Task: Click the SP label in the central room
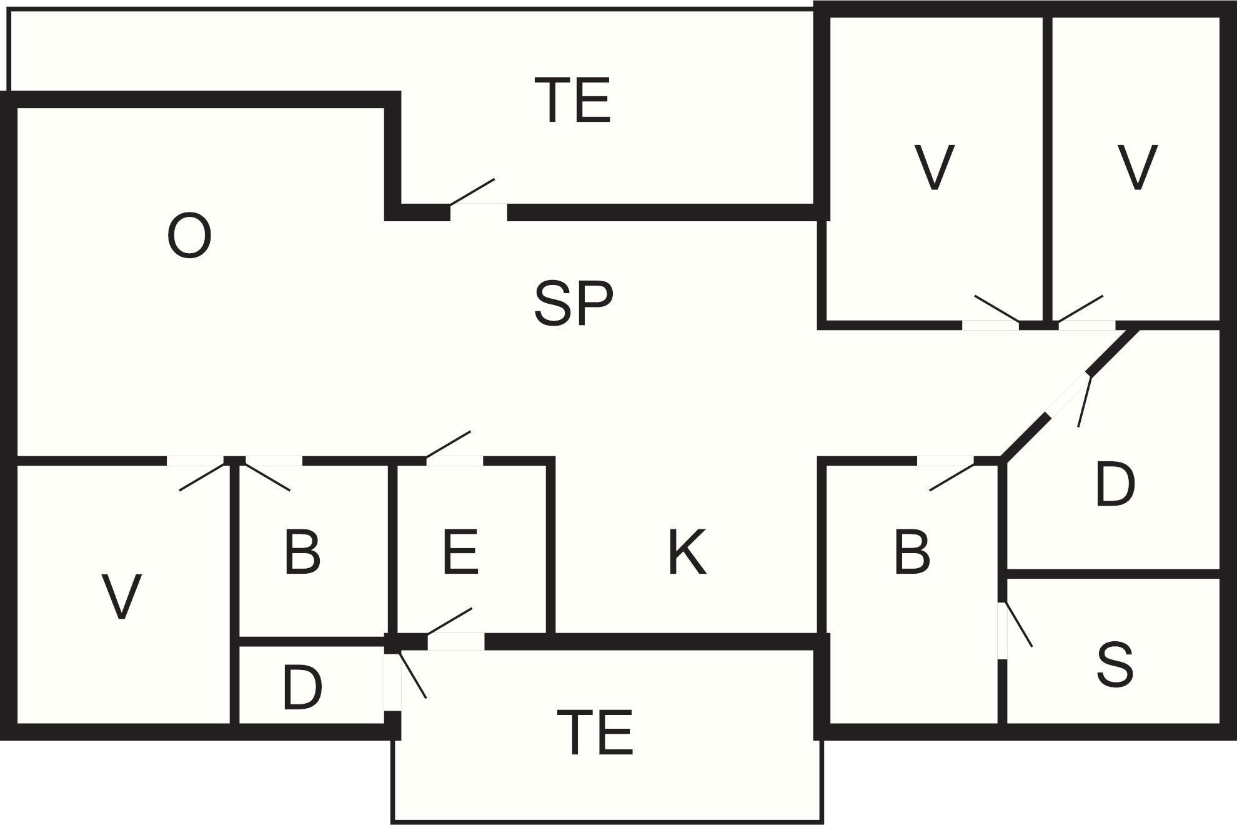[574, 304]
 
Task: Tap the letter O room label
[189, 236]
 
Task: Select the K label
[687, 552]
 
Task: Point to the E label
[460, 552]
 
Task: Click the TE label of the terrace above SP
[573, 100]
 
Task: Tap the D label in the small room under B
[302, 688]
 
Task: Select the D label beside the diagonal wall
[1115, 485]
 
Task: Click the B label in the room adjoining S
[912, 552]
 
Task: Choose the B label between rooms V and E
[302, 552]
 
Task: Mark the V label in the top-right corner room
[1137, 167]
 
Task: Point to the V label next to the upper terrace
[934, 167]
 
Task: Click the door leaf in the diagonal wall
[1084, 400]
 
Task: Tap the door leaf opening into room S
[1017, 624]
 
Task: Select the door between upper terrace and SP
[472, 191]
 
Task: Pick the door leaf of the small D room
[412, 674]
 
